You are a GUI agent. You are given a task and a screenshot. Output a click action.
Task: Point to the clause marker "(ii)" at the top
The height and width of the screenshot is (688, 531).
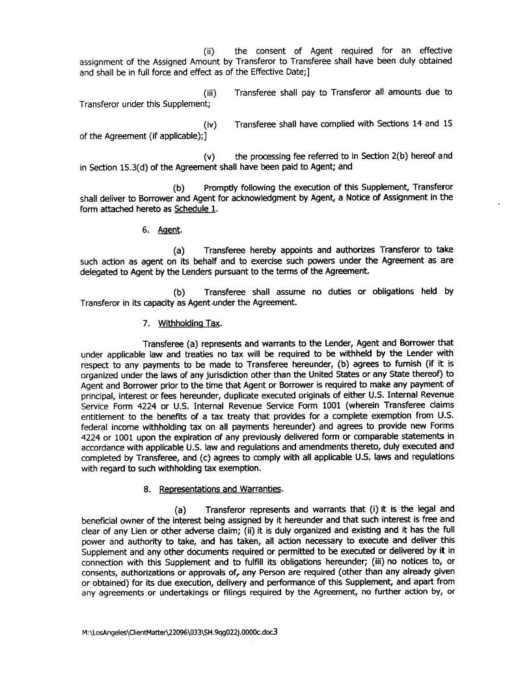pos(210,51)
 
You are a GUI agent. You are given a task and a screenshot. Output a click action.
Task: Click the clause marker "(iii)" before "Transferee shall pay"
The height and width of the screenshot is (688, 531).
pos(210,93)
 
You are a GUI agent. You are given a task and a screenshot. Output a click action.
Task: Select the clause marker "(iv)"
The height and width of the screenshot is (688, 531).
pos(210,125)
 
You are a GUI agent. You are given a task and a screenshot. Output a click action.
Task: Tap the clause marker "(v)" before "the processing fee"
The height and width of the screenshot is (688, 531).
pos(210,157)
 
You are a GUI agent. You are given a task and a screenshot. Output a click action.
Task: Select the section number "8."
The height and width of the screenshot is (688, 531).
pos(147,489)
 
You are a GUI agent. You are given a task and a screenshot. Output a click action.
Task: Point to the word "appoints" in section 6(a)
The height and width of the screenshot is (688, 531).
pos(316,251)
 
